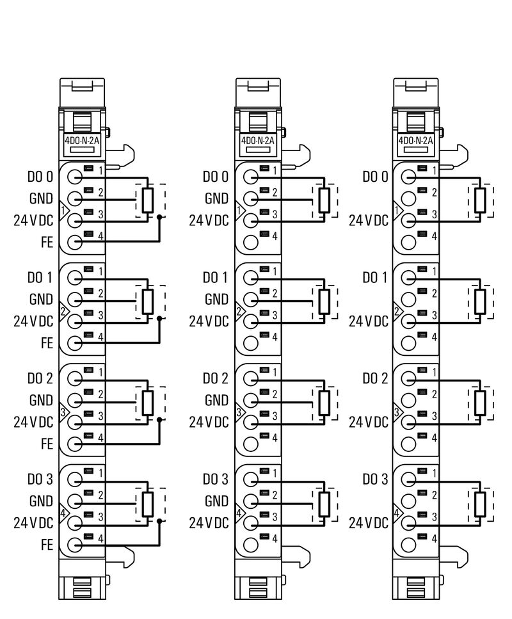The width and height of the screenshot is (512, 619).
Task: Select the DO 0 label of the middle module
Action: [216, 176]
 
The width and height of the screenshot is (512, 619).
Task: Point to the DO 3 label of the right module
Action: [376, 479]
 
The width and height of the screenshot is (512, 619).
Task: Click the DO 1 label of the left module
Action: [40, 277]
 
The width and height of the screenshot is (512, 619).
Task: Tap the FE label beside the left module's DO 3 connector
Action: [46, 545]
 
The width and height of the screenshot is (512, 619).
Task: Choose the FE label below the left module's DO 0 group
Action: [46, 243]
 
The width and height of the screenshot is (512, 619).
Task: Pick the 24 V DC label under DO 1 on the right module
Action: [369, 321]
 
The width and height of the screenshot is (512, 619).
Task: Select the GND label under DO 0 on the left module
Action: [40, 198]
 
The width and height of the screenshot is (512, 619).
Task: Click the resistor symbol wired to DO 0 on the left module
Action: [148, 200]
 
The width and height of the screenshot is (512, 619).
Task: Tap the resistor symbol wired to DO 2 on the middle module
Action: [324, 402]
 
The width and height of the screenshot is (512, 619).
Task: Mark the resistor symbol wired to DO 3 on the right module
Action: [481, 503]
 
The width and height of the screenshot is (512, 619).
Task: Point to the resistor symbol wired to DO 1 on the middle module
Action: [324, 301]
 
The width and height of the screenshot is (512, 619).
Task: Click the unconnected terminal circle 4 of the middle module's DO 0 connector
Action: [252, 242]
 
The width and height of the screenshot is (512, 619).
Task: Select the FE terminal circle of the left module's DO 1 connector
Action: [75, 342]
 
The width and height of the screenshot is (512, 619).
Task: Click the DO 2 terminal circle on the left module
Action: [75, 377]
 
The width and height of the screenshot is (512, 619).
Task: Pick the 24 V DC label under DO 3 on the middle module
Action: [209, 523]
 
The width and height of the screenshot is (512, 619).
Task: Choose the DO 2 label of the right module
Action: [376, 378]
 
